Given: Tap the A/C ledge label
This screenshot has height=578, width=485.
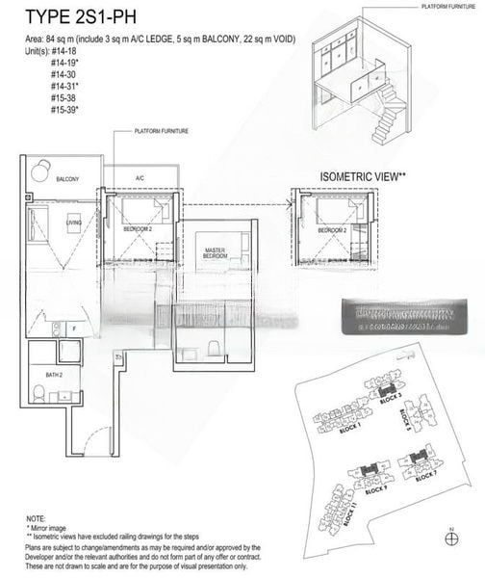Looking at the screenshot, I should [139, 178].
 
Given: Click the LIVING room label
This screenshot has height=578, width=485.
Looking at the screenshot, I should [73, 223].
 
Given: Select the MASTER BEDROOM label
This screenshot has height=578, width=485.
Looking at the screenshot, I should [215, 253].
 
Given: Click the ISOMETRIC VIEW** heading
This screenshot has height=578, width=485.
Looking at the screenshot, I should [363, 177].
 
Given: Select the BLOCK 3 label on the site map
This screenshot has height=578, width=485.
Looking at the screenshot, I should [388, 395].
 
